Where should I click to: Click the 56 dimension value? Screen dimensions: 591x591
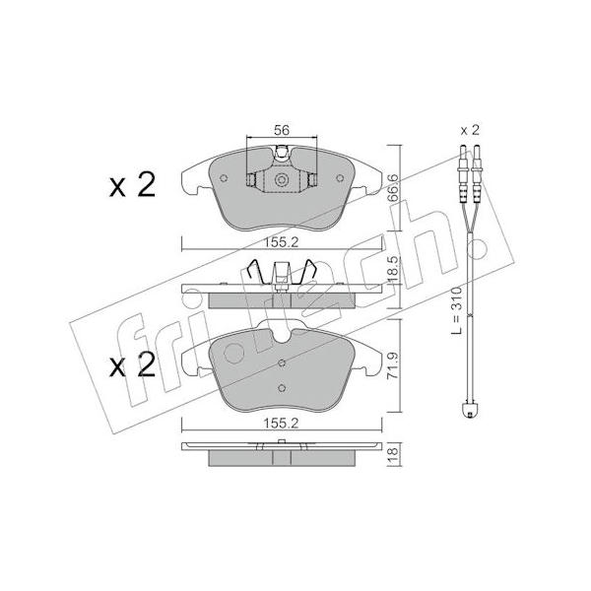(282, 130)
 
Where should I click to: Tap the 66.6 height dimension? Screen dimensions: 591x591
(393, 188)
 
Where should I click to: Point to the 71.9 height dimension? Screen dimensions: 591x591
(393, 364)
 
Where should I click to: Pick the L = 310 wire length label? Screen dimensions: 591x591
(456, 310)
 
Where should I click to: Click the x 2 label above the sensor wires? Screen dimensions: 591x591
(470, 130)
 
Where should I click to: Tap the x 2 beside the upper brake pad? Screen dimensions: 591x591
(132, 185)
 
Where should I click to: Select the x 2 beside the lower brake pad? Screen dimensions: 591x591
(132, 364)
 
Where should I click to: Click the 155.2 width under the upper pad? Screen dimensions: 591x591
(281, 242)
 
